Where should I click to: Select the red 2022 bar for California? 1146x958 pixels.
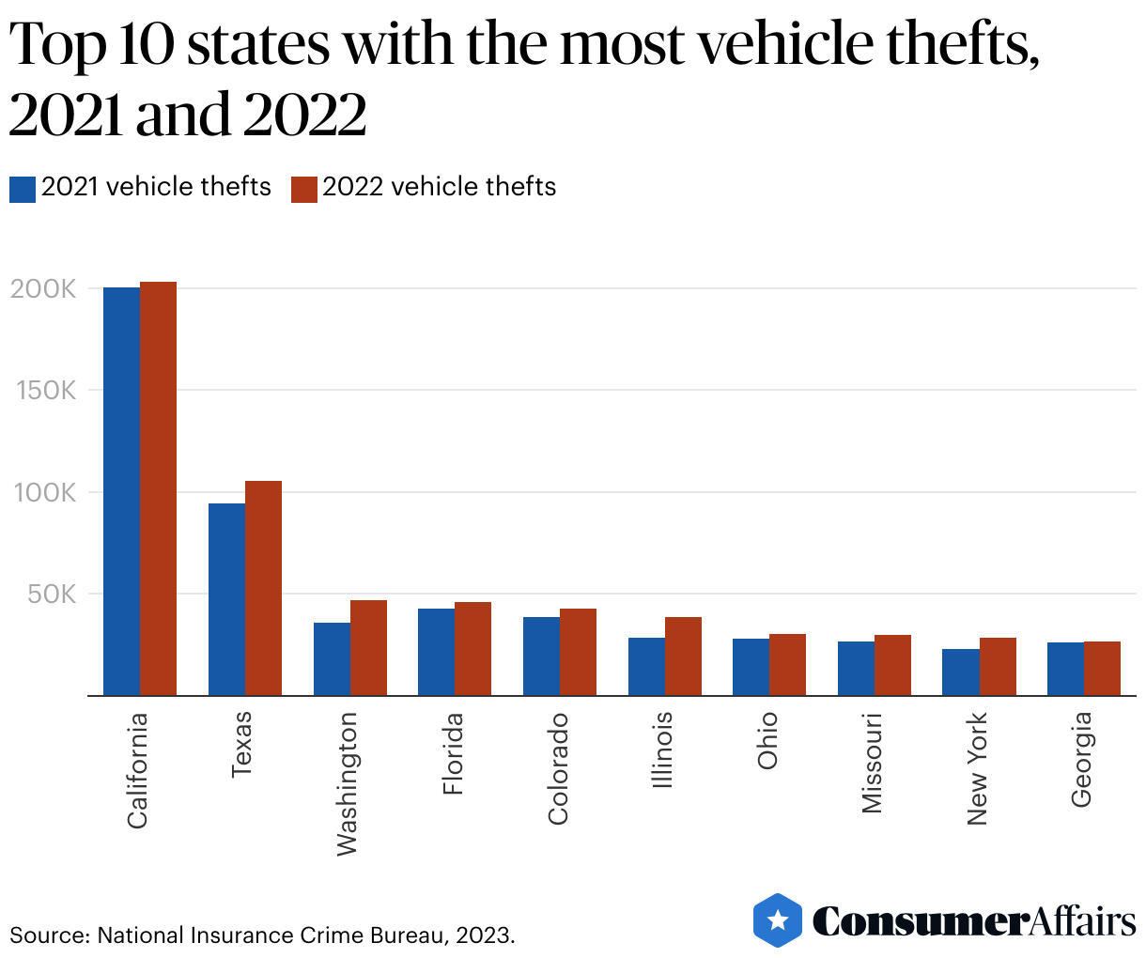click(159, 488)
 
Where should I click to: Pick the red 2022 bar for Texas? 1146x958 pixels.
click(264, 588)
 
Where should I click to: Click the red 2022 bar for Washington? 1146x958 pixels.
click(368, 648)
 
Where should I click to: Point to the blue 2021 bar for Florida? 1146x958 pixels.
click(436, 652)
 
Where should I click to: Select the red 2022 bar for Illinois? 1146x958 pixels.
click(683, 657)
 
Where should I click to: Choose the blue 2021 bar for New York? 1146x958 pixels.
click(961, 672)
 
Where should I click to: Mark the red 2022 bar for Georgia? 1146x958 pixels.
click(1102, 669)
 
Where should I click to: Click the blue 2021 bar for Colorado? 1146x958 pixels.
click(541, 657)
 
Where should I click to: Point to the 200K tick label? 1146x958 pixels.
click(43, 289)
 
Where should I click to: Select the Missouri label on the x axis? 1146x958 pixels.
click(872, 763)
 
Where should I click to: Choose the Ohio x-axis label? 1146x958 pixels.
click(767, 741)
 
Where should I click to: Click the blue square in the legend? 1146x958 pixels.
click(23, 189)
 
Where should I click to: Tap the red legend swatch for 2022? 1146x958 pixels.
click(304, 189)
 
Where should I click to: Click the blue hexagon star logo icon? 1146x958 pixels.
click(778, 919)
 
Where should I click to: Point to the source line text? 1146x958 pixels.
click(262, 935)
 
